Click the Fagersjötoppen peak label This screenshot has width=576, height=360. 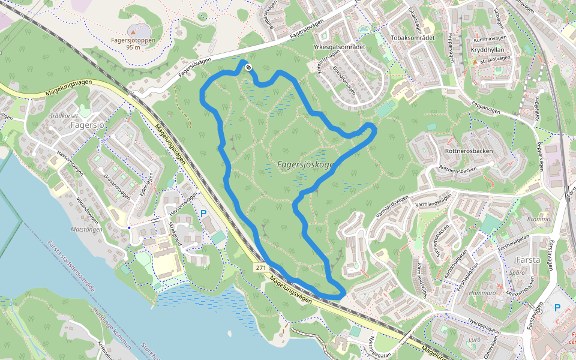[x=133, y=41]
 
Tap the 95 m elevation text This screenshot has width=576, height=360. [x=133, y=47]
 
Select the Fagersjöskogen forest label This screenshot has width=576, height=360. [x=306, y=164]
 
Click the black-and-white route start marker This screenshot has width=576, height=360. [x=248, y=68]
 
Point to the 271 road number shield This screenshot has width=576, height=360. [x=260, y=268]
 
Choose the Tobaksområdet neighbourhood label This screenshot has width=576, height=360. [x=412, y=38]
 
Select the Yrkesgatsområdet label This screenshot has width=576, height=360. [x=339, y=47]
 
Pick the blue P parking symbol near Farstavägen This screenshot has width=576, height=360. [x=557, y=308]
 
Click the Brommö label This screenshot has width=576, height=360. [x=537, y=220]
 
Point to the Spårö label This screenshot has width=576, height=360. [x=517, y=272]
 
